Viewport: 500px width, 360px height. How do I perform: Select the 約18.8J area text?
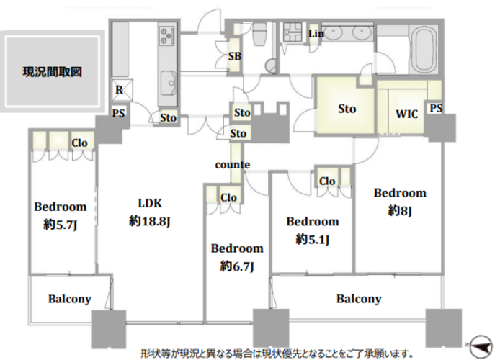[149, 221]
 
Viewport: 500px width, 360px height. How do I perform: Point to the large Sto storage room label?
[347, 109]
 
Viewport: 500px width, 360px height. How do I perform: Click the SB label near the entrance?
[234, 56]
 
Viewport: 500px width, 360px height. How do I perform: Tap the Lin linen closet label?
[316, 33]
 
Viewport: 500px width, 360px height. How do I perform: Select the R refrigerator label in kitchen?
[117, 89]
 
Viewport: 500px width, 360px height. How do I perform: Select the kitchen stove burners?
[168, 35]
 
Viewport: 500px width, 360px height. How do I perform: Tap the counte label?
[232, 165]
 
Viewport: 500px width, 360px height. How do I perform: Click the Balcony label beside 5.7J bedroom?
[70, 299]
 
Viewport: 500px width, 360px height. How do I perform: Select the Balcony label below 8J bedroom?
[358, 299]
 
